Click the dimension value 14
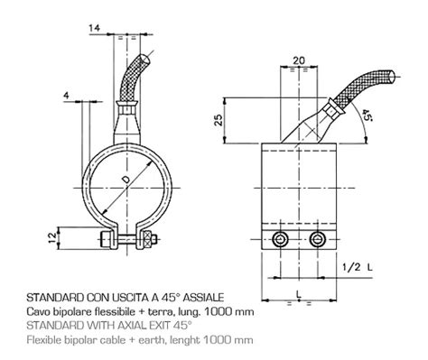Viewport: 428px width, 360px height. coord(94,28)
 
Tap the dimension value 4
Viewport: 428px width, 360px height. coord(66,96)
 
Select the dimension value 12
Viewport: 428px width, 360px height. coord(52,238)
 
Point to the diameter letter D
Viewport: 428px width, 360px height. coord(126,180)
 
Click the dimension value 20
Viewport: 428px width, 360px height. coord(299,60)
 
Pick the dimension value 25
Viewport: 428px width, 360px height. coord(219,120)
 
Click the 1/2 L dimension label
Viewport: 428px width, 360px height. coord(358,267)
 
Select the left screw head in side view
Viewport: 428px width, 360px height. coord(280,240)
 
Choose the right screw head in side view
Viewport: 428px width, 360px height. coord(318,240)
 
